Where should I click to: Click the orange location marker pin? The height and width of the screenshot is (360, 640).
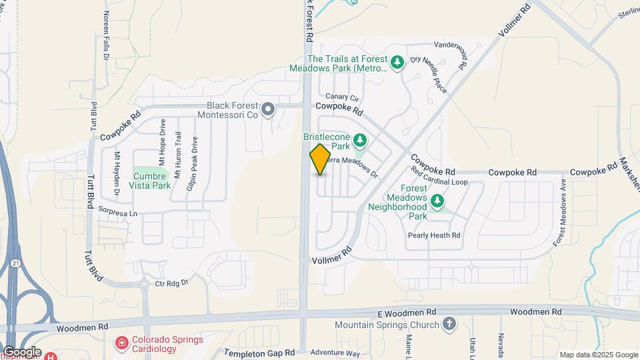coord(320,159)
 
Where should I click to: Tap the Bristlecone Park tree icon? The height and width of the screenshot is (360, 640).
coord(361,140)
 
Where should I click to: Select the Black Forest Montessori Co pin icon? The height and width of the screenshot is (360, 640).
coord(268,109)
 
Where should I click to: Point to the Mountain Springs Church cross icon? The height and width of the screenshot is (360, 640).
coord(449,325)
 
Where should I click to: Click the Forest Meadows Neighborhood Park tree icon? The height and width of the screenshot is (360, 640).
coord(437,200)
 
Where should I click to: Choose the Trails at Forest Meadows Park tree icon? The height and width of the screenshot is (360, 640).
coord(397,63)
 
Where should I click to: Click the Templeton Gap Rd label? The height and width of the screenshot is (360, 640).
coord(259,353)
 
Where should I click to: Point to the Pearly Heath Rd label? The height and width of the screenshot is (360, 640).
coord(435,235)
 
